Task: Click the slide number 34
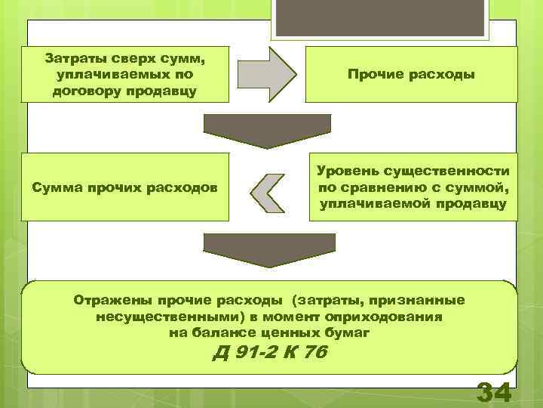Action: point(494,394)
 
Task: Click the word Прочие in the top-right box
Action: point(374,74)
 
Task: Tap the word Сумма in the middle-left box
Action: point(54,187)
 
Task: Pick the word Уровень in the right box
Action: point(345,172)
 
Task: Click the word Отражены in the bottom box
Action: point(106,300)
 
